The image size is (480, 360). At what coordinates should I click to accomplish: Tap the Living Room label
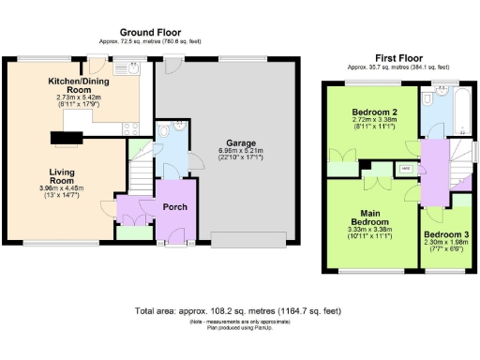(65, 176)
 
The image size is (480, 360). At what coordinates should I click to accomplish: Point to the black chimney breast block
(66, 139)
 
